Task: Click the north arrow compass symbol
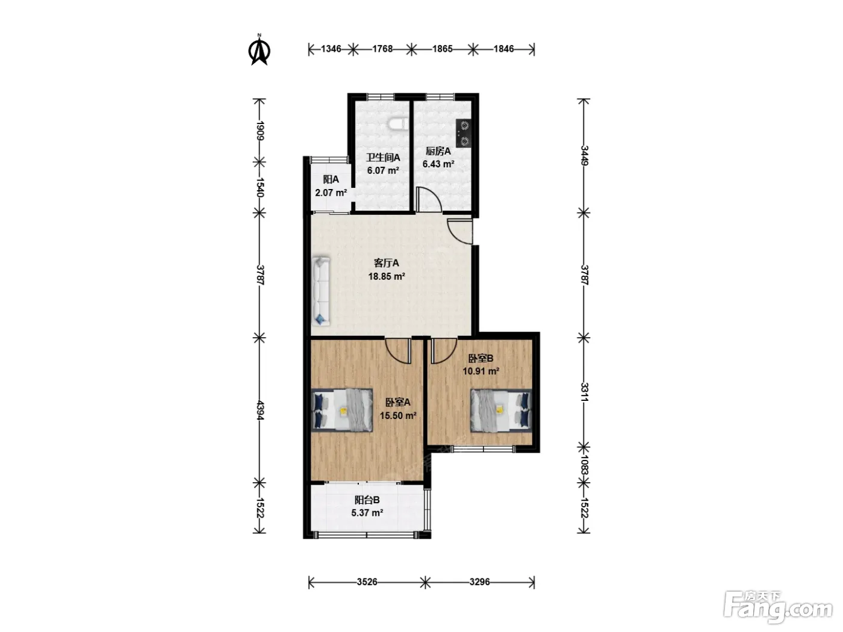click(x=260, y=50)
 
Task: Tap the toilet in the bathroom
click(x=398, y=124)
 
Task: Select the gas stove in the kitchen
click(x=464, y=133)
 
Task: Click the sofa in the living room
click(x=321, y=291)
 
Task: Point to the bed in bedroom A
click(x=341, y=410)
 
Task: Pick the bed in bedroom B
click(x=502, y=410)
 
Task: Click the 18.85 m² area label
click(x=387, y=276)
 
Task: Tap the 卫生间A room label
click(x=383, y=157)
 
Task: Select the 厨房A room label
click(x=438, y=151)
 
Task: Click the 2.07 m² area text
click(x=331, y=192)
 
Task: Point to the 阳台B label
click(x=367, y=500)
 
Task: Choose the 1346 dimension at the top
click(x=331, y=49)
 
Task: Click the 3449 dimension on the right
click(x=583, y=155)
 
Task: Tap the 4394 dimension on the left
click(x=260, y=410)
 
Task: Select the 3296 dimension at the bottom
click(x=479, y=582)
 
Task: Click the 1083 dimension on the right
click(x=584, y=465)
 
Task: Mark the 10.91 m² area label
click(x=481, y=371)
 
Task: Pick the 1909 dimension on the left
click(x=260, y=131)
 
